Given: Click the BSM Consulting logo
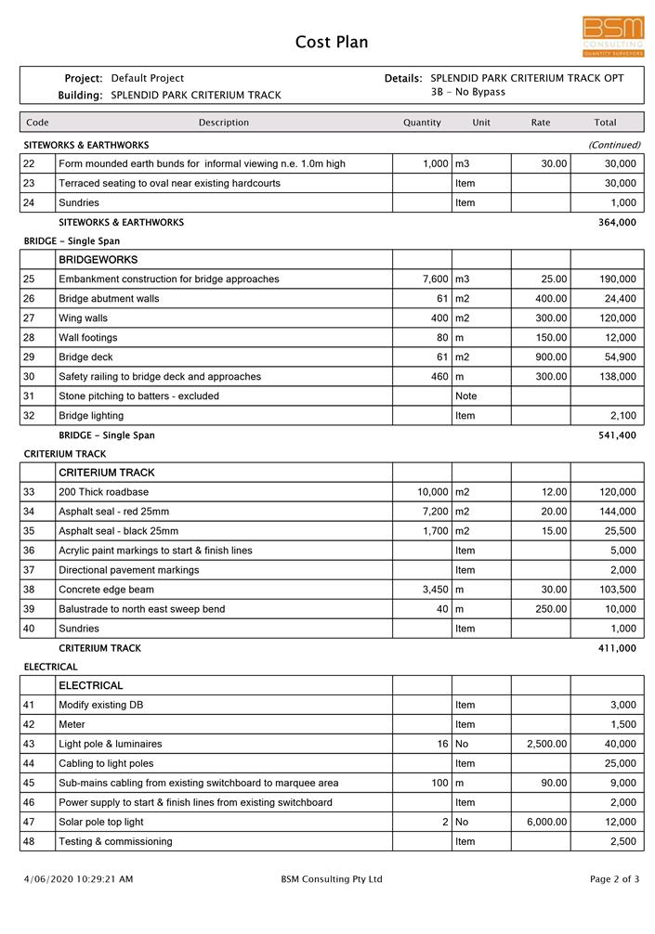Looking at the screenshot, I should coord(613,36).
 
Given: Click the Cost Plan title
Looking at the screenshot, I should coord(332,42).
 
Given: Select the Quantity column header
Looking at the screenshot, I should coord(422,123).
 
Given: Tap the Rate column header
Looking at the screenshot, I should coord(541,123).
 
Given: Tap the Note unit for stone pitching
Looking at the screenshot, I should coord(465,396).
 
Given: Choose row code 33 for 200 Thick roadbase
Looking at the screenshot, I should coord(29,492).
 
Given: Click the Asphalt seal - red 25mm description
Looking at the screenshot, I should coord(113,512).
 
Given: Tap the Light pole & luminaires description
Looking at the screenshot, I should coord(110,744).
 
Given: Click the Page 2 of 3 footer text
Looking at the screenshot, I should coord(614,879).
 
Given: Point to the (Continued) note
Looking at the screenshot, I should coord(614,145).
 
